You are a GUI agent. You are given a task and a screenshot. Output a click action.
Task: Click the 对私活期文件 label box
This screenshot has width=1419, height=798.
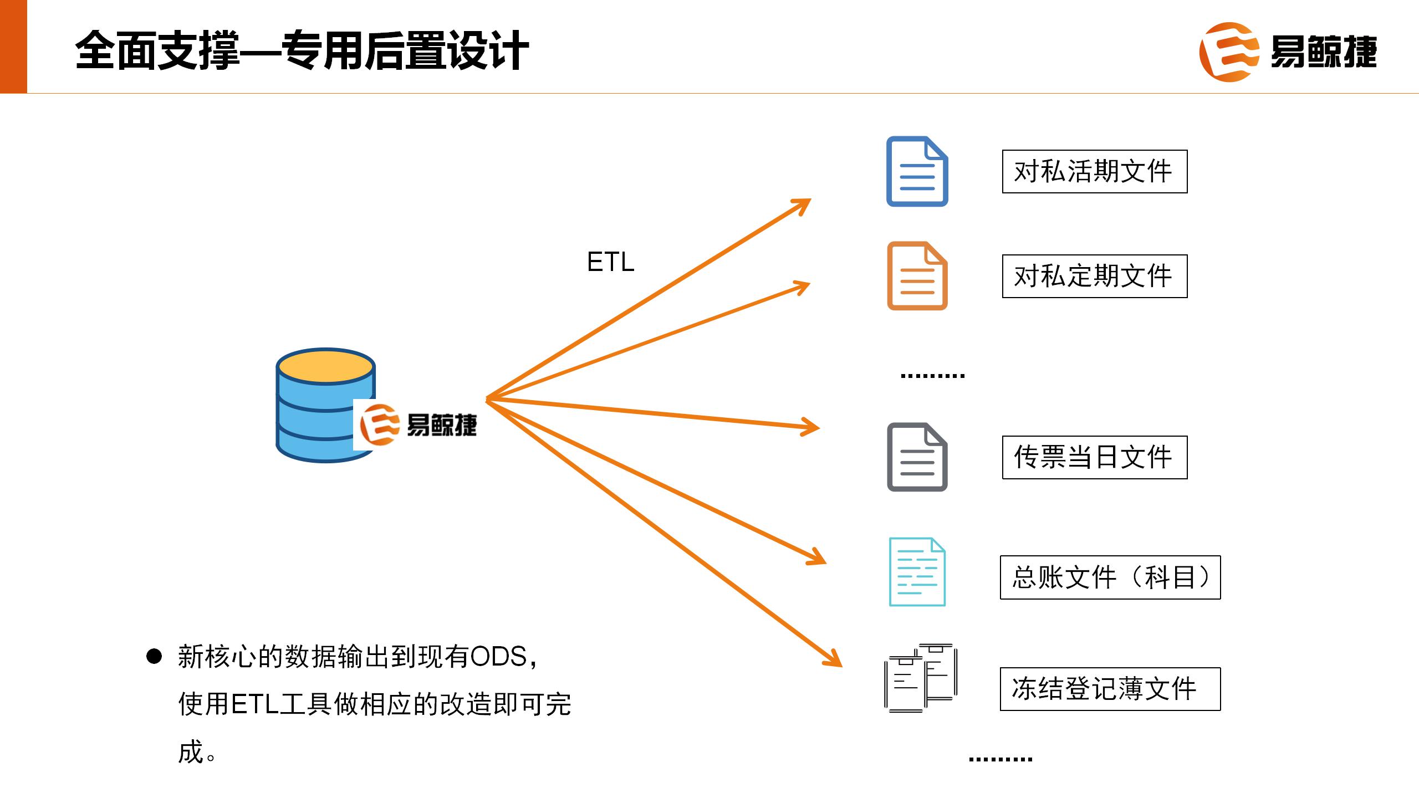point(1094,171)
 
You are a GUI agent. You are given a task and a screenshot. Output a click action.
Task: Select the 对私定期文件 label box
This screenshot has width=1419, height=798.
point(1094,276)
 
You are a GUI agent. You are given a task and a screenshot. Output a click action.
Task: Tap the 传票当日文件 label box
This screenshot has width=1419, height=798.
point(1094,457)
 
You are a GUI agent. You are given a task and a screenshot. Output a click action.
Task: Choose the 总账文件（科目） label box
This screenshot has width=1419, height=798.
point(1110,577)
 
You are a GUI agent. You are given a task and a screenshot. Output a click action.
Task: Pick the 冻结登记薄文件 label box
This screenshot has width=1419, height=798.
point(1110,689)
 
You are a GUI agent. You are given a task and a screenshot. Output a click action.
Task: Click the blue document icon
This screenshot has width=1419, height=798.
point(917,171)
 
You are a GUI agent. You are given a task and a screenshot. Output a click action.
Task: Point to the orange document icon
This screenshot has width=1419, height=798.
point(917,275)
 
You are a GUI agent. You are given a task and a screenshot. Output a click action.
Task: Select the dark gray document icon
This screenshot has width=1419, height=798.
point(917,457)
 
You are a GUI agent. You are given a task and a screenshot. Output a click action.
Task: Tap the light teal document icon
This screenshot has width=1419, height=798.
point(917,571)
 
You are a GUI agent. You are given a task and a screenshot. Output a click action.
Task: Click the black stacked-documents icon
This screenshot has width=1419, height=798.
point(920,678)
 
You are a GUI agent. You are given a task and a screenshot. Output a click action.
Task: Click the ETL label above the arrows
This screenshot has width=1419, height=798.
point(610,262)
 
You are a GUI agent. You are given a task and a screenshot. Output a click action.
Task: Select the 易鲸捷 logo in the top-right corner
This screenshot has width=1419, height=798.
point(1287,52)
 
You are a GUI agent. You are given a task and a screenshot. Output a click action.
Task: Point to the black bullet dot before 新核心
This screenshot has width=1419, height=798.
point(154,657)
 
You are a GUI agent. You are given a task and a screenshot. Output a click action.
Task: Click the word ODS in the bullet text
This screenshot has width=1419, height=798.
point(498,657)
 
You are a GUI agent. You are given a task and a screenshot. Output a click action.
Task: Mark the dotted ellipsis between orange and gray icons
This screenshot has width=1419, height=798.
point(932,376)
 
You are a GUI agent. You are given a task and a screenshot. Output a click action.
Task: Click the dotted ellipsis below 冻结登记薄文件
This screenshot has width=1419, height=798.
point(1000,759)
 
